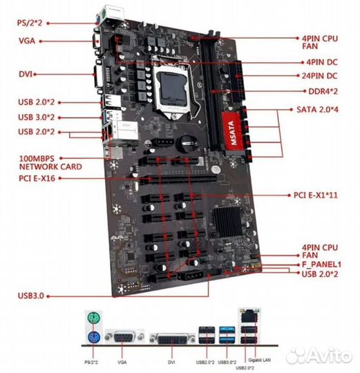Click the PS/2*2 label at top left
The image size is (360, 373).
tap(30, 23)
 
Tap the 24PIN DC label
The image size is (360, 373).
tap(319, 76)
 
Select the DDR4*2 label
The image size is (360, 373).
tap(323, 91)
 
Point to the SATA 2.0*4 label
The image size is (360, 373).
tap(317, 109)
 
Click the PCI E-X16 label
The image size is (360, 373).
tap(37, 178)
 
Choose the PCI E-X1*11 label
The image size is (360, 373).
tap(316, 195)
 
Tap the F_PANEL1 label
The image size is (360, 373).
tap(322, 265)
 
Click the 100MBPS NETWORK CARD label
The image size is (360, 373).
tap(50, 162)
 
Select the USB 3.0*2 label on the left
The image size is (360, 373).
tap(37, 117)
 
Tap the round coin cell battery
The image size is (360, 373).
tap(187, 144)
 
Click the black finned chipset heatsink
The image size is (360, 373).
tap(227, 221)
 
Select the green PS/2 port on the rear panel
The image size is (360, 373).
tap(93, 318)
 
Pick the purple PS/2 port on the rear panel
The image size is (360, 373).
tap(93, 337)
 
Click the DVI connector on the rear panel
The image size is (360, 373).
tap(172, 338)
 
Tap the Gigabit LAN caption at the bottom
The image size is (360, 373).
tap(259, 360)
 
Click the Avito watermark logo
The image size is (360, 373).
tap(319, 356)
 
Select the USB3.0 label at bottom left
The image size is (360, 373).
tap(31, 296)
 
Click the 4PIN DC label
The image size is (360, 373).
tap(322, 62)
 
